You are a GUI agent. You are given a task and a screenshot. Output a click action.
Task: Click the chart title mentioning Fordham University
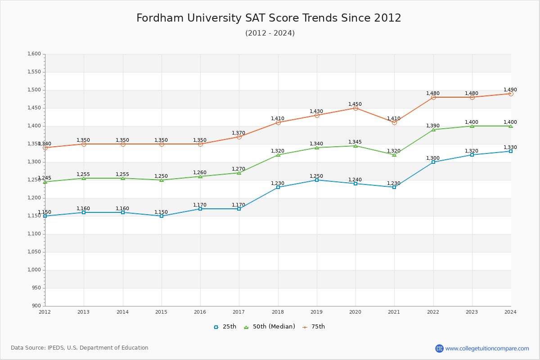[269, 18]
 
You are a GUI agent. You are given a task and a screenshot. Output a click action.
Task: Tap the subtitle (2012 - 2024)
[270, 33]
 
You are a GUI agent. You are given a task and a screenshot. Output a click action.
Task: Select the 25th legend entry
[225, 327]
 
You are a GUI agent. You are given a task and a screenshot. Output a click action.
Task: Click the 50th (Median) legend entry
[270, 327]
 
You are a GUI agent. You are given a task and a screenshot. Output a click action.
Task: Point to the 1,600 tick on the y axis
[34, 54]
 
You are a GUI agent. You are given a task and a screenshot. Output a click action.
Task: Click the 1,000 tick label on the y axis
[34, 270]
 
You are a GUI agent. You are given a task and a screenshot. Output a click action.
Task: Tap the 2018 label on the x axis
[278, 312]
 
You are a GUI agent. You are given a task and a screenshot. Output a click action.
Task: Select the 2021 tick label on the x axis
[394, 312]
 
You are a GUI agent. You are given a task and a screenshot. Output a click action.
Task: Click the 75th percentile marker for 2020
[355, 108]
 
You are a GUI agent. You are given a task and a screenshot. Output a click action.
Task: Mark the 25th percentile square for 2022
[433, 162]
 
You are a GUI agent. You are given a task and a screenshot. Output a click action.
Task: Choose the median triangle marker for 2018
[278, 155]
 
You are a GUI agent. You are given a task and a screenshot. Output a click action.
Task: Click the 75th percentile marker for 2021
[394, 122]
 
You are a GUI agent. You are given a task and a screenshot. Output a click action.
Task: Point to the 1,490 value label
[510, 90]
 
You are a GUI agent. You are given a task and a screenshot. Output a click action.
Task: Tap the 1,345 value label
[355, 142]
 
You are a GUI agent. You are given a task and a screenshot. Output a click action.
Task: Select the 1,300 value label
[433, 158]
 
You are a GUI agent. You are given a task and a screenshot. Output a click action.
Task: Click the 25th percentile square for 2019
[317, 180]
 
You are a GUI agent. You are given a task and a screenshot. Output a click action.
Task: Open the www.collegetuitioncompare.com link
[487, 348]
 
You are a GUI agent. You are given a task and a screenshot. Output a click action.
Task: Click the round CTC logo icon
[439, 348]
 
